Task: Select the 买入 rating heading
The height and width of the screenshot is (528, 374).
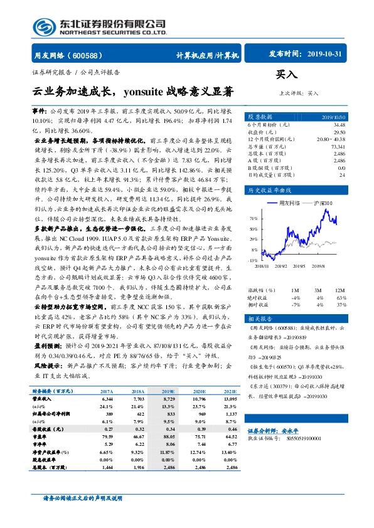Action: (286, 74)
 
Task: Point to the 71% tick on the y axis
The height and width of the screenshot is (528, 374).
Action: (253, 218)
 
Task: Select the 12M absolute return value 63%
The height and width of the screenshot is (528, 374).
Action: (341, 297)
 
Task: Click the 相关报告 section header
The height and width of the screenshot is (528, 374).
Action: (258, 319)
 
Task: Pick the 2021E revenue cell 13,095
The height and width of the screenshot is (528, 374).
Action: (230, 398)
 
